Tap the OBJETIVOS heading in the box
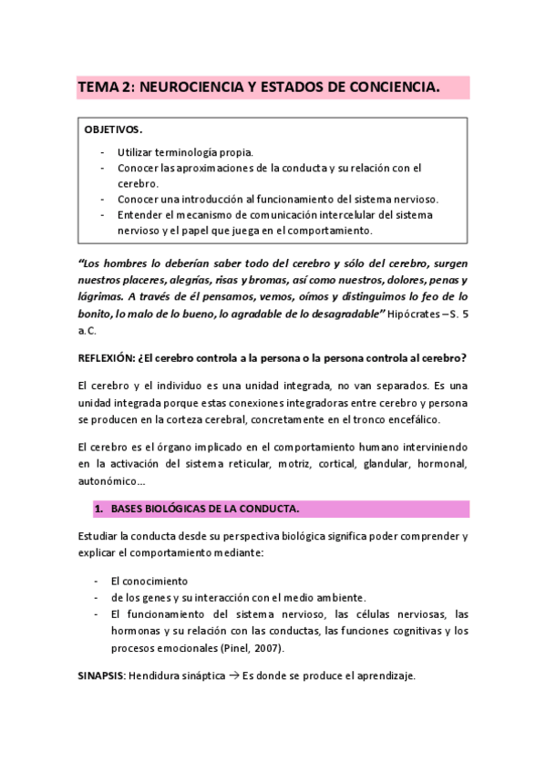pos(114,130)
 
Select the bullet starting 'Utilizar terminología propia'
pos(185,151)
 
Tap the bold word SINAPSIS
pos(100,675)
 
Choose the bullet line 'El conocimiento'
pos(149,580)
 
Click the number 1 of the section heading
pos(98,508)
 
